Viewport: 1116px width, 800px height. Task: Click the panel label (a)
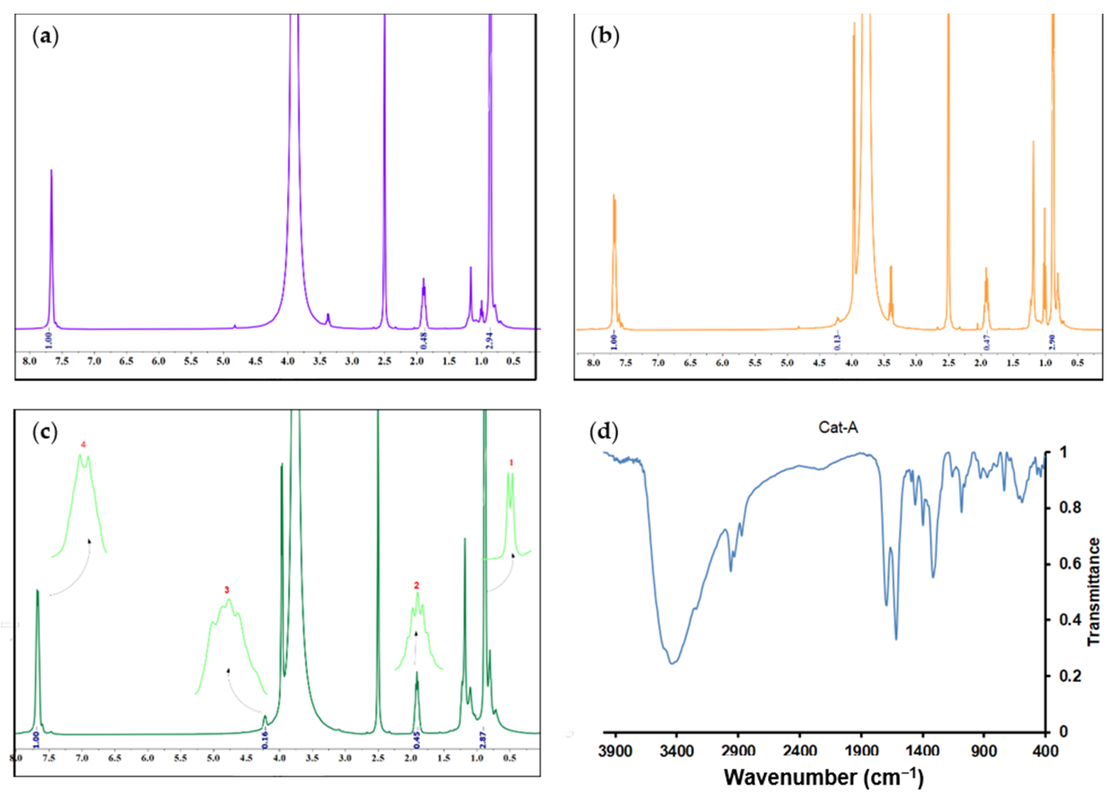[x=45, y=38]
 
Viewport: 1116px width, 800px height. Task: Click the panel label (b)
[x=604, y=38]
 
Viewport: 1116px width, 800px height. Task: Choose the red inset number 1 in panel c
[x=511, y=463]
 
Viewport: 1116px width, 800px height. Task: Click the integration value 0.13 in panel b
[x=838, y=342]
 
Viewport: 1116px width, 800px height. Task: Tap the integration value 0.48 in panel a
[x=424, y=340]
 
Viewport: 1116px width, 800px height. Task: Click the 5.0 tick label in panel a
[x=223, y=362]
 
